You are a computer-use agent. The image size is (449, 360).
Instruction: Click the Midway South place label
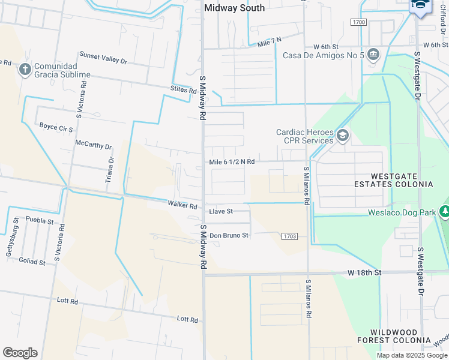(234, 8)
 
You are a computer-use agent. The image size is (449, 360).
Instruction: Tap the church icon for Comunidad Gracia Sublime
(25, 69)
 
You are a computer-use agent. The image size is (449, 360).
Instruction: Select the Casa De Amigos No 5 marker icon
(373, 55)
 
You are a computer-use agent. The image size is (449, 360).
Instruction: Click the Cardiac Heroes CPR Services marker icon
(343, 136)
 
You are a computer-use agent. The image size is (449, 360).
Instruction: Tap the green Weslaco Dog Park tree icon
(445, 212)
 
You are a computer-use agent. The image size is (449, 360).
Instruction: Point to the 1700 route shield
(359, 22)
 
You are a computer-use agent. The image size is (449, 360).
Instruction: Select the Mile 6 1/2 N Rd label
(232, 162)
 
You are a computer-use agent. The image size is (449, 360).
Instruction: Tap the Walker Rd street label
(182, 206)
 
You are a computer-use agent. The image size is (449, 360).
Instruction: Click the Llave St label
(220, 212)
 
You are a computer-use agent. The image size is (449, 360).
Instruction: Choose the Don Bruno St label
(228, 235)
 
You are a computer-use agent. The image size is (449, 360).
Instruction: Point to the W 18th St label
(364, 272)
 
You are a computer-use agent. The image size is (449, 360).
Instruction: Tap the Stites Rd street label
(183, 91)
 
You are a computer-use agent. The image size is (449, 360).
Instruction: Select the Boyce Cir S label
(56, 128)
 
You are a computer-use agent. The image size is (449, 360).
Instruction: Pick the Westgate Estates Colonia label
(402, 180)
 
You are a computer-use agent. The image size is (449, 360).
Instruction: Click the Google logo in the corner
(20, 353)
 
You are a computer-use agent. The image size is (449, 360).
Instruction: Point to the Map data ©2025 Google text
(411, 355)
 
